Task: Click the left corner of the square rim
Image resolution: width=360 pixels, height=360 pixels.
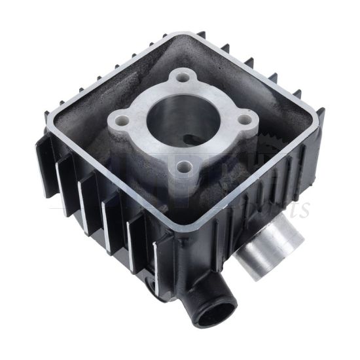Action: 46,118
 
